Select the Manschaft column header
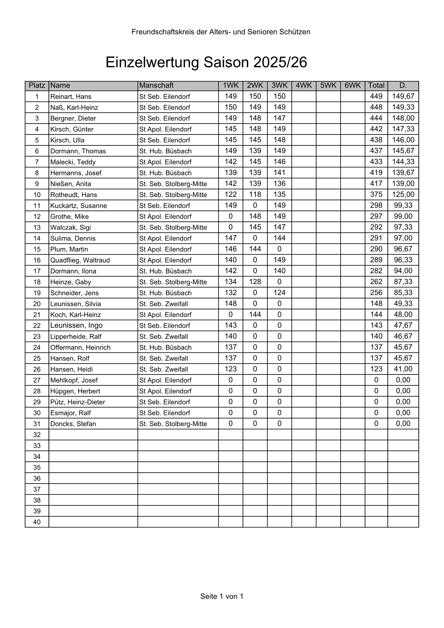[156, 85]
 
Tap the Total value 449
[376, 96]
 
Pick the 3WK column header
[279, 85]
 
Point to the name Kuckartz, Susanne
[79, 206]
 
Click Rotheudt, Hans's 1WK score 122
[231, 194]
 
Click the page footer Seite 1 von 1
[222, 596]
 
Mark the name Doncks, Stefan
[73, 424]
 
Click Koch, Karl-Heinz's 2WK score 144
[255, 315]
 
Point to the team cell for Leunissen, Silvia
[163, 304]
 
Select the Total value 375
[376, 194]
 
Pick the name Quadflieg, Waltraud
[80, 260]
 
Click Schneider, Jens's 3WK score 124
[279, 293]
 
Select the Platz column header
[37, 85]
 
